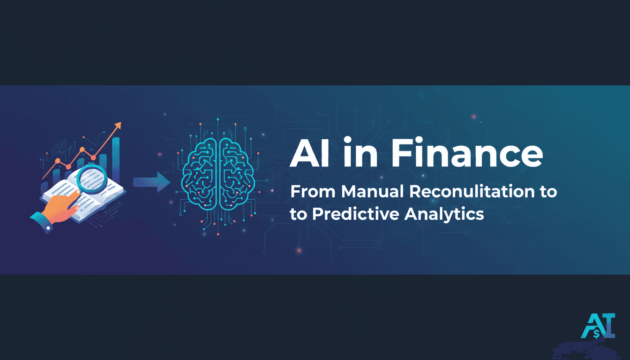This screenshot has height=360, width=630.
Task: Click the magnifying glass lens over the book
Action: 92,180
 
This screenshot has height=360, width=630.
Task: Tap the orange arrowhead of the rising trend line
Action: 117,126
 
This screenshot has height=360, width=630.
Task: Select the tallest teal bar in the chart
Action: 115,159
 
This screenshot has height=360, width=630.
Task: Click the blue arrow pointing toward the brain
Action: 150,182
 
